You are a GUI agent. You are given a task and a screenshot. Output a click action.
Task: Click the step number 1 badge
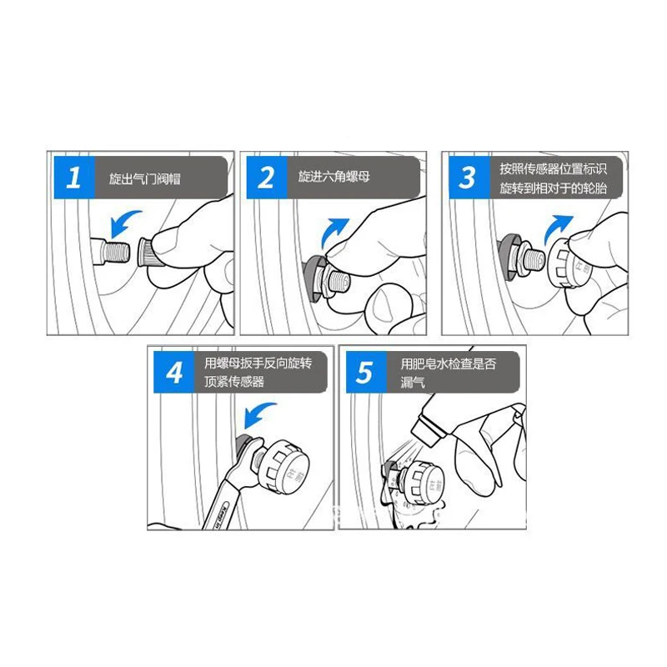(73, 178)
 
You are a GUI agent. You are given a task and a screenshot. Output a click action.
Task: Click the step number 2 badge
(265, 178)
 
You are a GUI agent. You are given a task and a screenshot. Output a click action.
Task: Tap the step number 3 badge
(468, 178)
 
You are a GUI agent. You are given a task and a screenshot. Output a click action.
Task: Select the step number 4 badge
(173, 373)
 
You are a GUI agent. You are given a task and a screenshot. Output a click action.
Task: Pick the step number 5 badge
(364, 373)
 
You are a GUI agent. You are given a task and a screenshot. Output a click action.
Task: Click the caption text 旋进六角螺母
(333, 178)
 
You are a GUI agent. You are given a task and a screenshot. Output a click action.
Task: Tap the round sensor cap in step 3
(567, 263)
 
